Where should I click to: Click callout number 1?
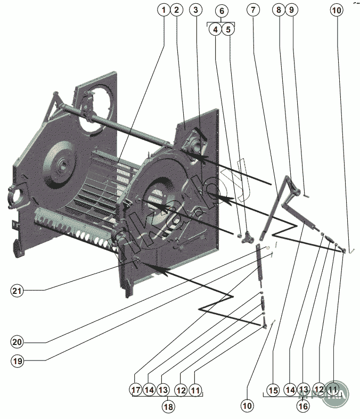pos(164,10)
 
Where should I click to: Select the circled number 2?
pos(178,10)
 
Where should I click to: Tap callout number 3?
pos(196,10)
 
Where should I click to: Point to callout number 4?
pos(215,29)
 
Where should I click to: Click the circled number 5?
pos(228,29)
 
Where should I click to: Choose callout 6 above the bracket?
pos(222,10)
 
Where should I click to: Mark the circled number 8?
pos(278,10)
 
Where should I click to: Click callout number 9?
pos(291,10)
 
